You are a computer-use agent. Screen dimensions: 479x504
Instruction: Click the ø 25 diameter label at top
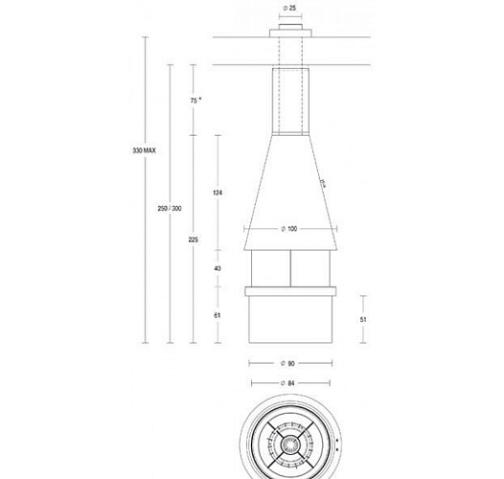tap(288, 9)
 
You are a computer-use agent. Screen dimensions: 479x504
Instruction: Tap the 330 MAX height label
tap(144, 151)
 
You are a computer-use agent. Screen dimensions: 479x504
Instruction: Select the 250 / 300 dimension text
tap(169, 209)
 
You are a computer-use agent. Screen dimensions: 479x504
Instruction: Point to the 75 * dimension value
tap(195, 100)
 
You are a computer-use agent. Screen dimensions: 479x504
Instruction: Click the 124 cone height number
tap(218, 193)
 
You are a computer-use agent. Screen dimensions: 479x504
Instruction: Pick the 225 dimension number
tap(195, 240)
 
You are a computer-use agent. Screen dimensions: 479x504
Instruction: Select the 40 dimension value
tap(218, 268)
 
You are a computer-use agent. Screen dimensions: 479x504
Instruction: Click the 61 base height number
tap(218, 314)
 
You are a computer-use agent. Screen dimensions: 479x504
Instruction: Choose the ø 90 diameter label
tap(288, 363)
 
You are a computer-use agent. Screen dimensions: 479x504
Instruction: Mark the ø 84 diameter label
tap(288, 384)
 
